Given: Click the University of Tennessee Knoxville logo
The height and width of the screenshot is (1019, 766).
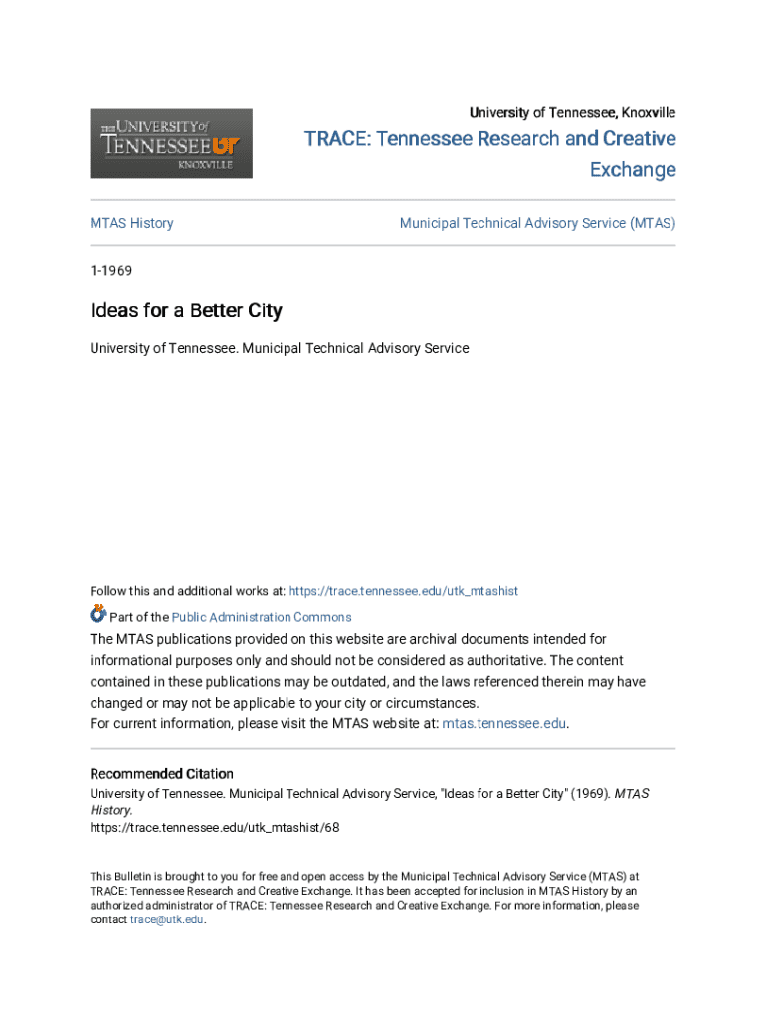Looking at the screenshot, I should click(171, 144).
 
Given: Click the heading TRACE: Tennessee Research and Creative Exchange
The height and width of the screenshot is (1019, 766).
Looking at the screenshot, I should click(490, 153).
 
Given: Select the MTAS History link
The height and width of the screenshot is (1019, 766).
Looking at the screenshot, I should click(131, 223).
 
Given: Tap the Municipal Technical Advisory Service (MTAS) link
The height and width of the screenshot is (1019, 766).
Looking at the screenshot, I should click(537, 223).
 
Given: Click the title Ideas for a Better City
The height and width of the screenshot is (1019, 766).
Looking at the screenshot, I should click(186, 310).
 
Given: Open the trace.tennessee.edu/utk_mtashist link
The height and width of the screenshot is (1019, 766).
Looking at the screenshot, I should click(403, 591).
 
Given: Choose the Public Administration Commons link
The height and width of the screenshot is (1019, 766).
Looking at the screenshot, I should click(262, 617).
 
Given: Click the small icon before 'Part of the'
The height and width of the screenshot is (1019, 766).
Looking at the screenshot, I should click(97, 614).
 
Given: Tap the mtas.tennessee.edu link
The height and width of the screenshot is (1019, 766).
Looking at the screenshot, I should click(503, 723).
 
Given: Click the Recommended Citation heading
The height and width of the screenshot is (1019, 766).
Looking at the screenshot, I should click(161, 773).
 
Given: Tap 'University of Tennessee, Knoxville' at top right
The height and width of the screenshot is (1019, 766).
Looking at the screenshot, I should click(572, 112).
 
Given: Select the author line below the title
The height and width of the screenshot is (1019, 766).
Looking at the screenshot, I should click(279, 348).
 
